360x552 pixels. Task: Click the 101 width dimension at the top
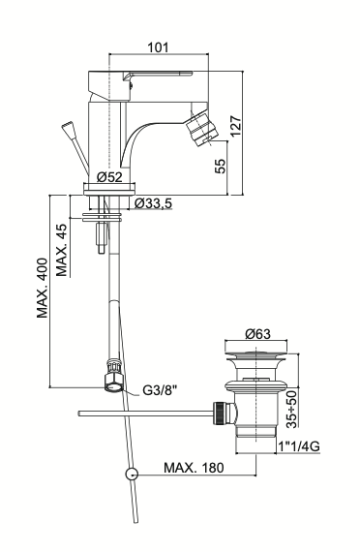pyautogui.click(x=158, y=47)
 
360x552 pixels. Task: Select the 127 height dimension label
pyautogui.click(x=235, y=126)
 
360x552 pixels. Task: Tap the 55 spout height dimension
pyautogui.click(x=220, y=166)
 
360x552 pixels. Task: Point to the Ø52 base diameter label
pyautogui.click(x=109, y=176)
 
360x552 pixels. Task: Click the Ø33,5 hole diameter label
pyautogui.click(x=154, y=203)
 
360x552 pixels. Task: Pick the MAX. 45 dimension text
pyautogui.click(x=62, y=250)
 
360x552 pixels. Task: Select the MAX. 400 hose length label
pyautogui.click(x=43, y=288)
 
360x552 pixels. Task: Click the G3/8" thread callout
pyautogui.click(x=160, y=390)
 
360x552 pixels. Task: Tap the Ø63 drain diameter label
pyautogui.click(x=258, y=333)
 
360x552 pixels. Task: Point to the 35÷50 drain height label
pyautogui.click(x=291, y=409)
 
